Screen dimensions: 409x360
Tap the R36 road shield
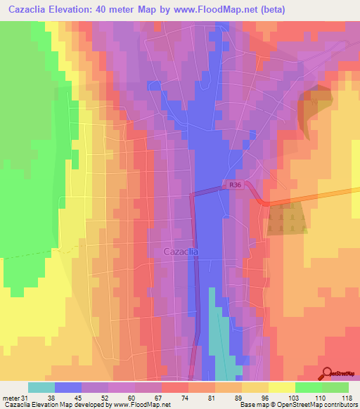pos(236,186)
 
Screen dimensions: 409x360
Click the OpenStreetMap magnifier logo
pos(327,374)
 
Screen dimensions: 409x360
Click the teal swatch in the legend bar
pos(41,387)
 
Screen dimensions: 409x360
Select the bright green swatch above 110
pos(309,387)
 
